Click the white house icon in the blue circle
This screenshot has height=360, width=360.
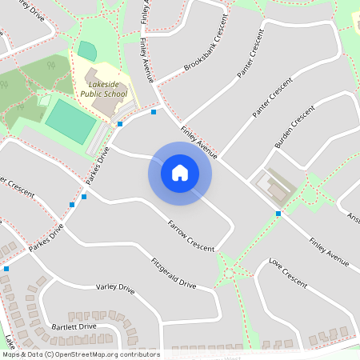[x=180, y=173]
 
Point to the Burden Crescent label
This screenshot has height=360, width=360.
[x=290, y=130]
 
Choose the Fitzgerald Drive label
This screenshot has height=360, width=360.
[x=174, y=273]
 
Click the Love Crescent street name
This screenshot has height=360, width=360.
[x=288, y=273]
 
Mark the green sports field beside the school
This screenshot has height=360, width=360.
[x=70, y=122]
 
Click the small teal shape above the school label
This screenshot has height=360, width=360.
[x=86, y=50]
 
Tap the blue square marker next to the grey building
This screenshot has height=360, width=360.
[x=278, y=214]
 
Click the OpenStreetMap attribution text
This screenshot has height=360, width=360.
[x=80, y=354]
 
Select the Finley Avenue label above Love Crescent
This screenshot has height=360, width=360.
[x=330, y=250]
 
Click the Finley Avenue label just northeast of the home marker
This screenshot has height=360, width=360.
[x=199, y=141]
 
